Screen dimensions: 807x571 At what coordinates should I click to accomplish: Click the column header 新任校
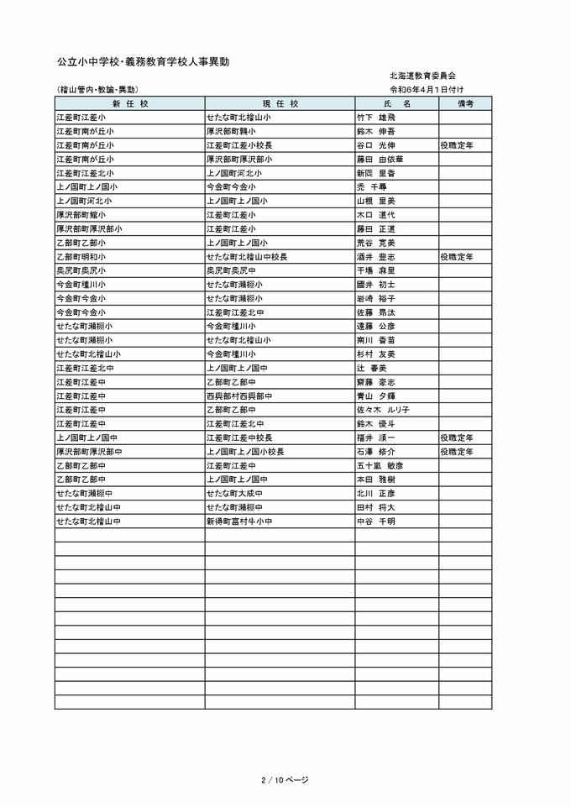coord(129,103)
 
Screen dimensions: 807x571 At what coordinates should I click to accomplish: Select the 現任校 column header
coord(280,103)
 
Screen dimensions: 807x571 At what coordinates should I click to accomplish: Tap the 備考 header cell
coord(465,103)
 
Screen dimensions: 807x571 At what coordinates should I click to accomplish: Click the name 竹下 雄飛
coord(376,118)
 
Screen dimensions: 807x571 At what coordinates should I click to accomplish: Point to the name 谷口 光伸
coord(376,145)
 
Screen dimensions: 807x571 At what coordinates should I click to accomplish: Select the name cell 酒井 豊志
coord(376,256)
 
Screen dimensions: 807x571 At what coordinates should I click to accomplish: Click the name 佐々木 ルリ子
coord(383,410)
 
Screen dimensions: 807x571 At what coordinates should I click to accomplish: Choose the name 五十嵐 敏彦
coord(380,465)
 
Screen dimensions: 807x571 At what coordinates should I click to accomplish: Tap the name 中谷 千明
coord(376,521)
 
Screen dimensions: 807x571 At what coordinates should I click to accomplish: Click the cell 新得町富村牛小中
coord(240,521)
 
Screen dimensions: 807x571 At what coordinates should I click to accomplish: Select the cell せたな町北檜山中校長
coord(248,256)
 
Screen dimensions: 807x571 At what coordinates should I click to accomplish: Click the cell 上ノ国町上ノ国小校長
coord(246,451)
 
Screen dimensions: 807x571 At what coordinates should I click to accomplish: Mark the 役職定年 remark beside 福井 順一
coord(457,438)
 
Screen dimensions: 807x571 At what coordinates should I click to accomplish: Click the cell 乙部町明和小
coord(81,256)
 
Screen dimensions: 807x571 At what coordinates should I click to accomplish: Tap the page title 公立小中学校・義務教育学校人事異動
coord(144,62)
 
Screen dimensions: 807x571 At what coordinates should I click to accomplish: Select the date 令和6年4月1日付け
coord(427,89)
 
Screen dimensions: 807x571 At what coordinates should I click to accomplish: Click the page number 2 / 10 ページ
coord(285,779)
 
